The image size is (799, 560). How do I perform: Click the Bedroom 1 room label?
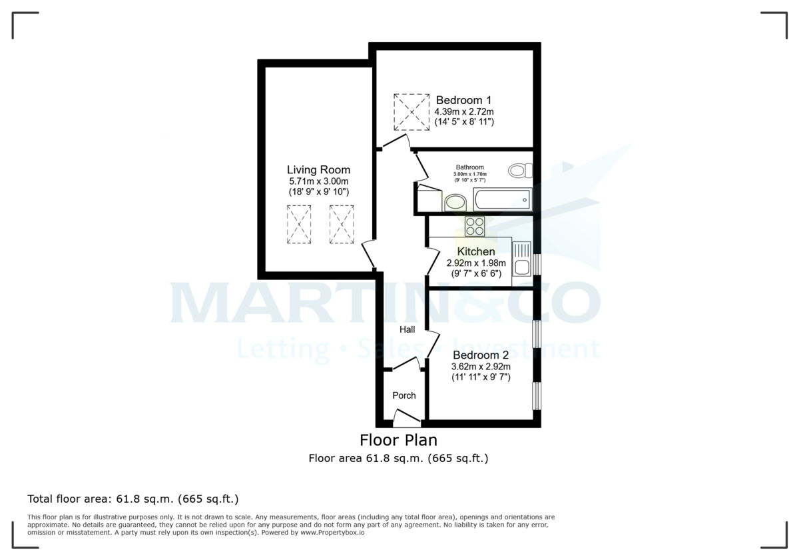click(464, 100)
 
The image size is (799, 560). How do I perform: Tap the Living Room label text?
click(318, 170)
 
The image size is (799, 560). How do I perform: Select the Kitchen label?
click(475, 252)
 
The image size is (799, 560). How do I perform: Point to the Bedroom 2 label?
click(481, 355)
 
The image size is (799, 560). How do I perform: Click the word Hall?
click(407, 330)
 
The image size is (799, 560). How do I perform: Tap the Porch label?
click(403, 395)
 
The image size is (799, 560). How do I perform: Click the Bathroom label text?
click(469, 167)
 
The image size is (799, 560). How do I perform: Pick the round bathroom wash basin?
click(455, 202)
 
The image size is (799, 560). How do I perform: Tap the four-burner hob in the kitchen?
click(475, 227)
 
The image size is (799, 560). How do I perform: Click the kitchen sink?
click(521, 259)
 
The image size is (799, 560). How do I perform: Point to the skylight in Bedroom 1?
click(411, 112)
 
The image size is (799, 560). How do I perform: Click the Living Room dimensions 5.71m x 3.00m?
click(318, 181)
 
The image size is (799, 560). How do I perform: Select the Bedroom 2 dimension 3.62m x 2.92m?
click(481, 367)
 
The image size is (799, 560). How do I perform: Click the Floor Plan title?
click(398, 440)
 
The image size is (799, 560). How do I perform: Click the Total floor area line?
click(133, 499)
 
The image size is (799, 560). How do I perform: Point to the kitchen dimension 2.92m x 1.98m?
click(476, 263)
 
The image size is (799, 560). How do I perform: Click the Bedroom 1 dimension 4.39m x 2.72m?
click(464, 111)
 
